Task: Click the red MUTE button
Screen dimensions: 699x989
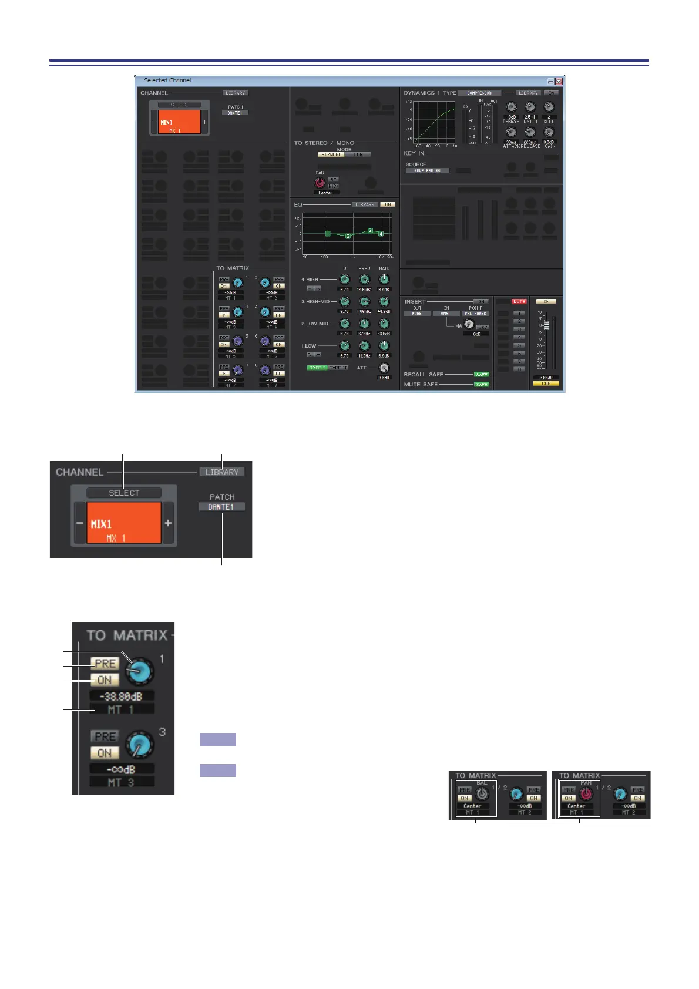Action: tap(519, 302)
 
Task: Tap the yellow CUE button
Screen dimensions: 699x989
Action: tap(546, 384)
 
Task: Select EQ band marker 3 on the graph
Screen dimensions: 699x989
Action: tap(370, 230)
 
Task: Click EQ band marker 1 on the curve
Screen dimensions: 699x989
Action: tap(328, 234)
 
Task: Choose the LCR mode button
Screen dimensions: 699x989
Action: tap(358, 154)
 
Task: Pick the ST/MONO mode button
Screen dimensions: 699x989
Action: tap(332, 154)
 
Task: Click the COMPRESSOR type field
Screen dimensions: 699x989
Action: tap(479, 93)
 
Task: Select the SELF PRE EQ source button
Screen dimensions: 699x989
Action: tap(428, 171)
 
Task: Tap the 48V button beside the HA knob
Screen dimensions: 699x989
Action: tap(483, 327)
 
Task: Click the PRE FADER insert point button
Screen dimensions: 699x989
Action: tap(475, 314)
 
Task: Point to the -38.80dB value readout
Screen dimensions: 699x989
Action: tap(122, 696)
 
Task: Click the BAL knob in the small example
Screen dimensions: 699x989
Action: tap(482, 794)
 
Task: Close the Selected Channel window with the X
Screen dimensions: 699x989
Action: tap(559, 81)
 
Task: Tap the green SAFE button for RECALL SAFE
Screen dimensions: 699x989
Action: tap(482, 374)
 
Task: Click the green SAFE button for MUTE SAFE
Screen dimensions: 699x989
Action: tap(482, 384)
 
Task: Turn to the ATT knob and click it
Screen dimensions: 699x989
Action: tap(384, 368)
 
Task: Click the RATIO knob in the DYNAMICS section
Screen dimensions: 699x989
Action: tap(530, 107)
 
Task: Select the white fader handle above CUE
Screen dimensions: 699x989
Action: tap(546, 325)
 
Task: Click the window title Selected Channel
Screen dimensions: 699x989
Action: tap(167, 80)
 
